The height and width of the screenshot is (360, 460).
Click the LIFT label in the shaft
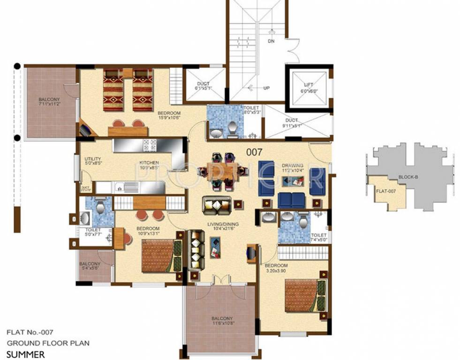(308, 85)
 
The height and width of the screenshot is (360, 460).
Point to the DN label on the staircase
(271, 41)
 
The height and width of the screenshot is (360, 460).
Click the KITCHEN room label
(149, 164)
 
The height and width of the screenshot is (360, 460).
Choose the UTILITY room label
(93, 159)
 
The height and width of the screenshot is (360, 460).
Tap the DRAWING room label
(292, 165)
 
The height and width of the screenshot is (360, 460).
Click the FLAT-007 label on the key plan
(384, 191)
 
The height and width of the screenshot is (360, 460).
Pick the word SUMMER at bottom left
(26, 354)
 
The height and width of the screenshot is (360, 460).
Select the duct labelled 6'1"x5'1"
(204, 87)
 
